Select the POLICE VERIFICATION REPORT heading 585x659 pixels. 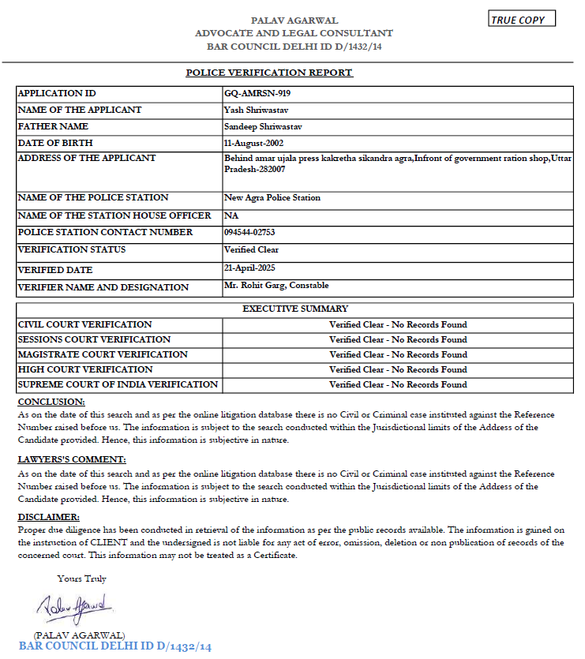pos(269,73)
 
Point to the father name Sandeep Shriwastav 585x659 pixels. pos(264,126)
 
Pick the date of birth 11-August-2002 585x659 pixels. pos(253,143)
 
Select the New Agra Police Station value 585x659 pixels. pos(272,197)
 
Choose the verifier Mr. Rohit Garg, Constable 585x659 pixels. pos(276,286)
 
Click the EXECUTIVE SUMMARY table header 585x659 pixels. pos(294,309)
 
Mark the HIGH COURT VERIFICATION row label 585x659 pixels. pos(85,369)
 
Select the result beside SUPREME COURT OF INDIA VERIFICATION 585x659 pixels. pos(398,384)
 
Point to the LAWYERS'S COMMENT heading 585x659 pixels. pos(71,459)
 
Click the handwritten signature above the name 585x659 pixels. pos(75,608)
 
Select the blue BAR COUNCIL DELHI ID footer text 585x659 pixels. pos(115,647)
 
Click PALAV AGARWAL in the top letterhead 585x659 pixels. pos(294,20)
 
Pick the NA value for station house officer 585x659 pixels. pos(231,215)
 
